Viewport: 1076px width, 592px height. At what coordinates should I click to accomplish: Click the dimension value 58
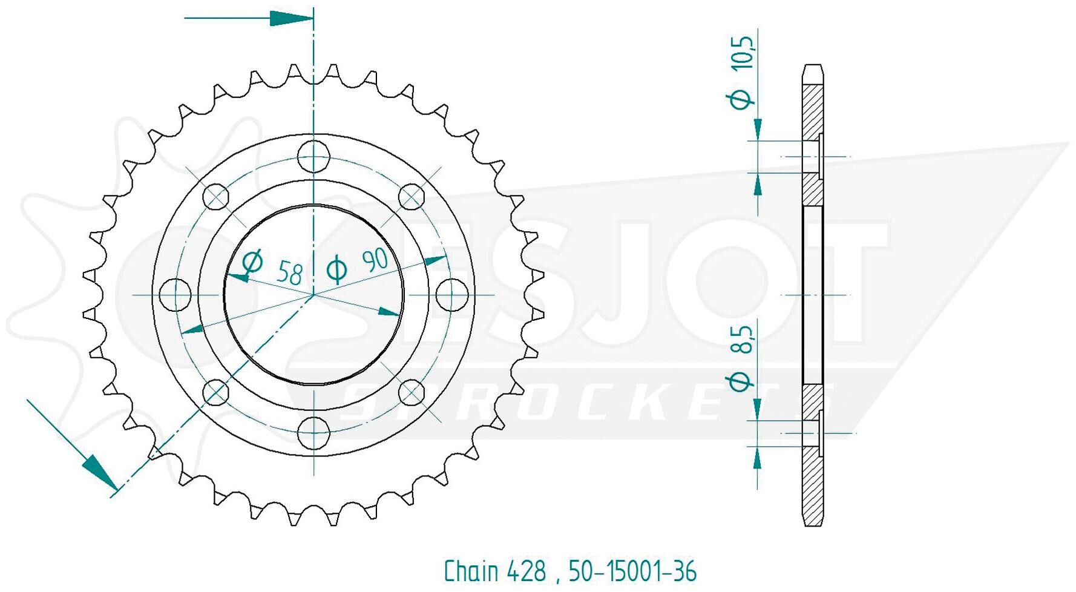pyautogui.click(x=290, y=273)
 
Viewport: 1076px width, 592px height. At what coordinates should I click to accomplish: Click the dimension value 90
pyautogui.click(x=375, y=260)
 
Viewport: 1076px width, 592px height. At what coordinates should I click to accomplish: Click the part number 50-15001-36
pyautogui.click(x=632, y=571)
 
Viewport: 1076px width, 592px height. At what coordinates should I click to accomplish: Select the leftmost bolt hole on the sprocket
pyautogui.click(x=175, y=295)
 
